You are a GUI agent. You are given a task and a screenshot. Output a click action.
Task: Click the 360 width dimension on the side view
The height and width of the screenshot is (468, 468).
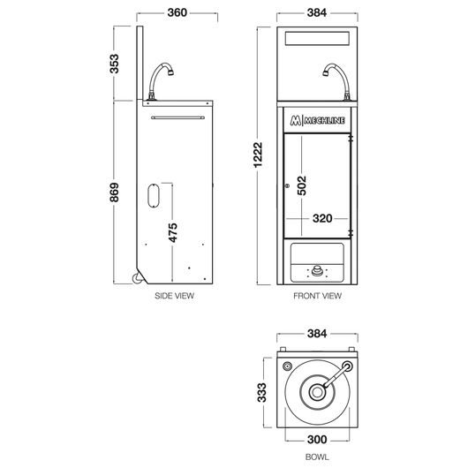(177, 12)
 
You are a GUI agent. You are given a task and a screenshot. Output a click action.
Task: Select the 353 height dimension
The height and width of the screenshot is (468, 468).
(114, 64)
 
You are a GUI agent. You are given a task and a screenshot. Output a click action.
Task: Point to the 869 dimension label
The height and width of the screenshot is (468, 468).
(114, 192)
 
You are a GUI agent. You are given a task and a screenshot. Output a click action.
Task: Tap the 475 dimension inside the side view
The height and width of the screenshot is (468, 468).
(172, 232)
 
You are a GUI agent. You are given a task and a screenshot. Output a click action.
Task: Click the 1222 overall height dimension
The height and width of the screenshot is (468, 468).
(258, 155)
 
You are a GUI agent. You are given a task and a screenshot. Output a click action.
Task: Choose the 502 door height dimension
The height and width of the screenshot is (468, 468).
(302, 185)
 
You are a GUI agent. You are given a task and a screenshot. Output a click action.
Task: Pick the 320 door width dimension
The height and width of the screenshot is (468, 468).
(322, 218)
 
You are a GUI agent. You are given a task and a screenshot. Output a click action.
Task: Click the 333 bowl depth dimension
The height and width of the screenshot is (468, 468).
(261, 392)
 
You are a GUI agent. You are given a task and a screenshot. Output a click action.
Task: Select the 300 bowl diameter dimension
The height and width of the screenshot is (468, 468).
(317, 440)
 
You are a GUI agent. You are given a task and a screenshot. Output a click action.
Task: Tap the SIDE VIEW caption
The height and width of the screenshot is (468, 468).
(174, 296)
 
